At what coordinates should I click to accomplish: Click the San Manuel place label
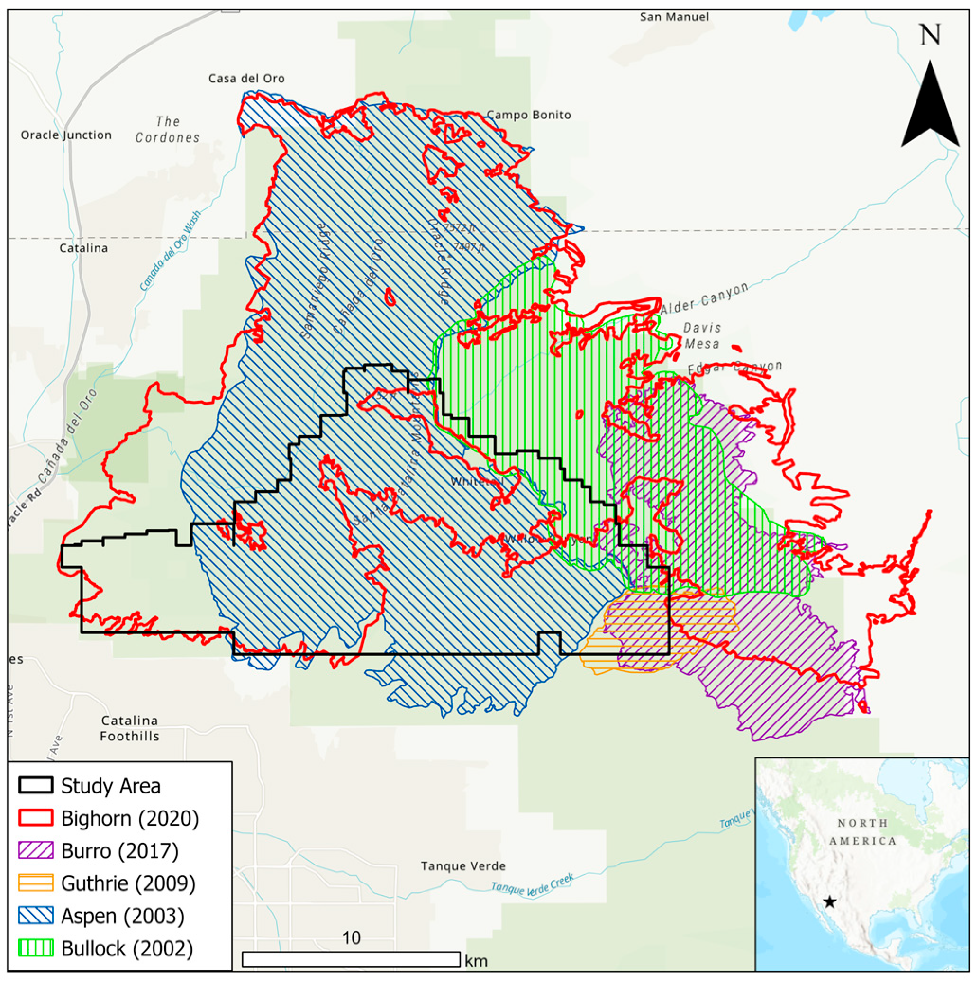pyautogui.click(x=674, y=17)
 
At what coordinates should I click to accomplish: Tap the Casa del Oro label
pyautogui.click(x=247, y=79)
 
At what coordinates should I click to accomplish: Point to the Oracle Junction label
pyautogui.click(x=66, y=135)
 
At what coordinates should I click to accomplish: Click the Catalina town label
pyautogui.click(x=83, y=249)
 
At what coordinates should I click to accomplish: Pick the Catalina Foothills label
pyautogui.click(x=130, y=729)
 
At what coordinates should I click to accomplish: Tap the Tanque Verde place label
pyautogui.click(x=463, y=866)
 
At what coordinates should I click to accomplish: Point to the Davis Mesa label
pyautogui.click(x=702, y=336)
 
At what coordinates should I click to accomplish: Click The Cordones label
pyautogui.click(x=168, y=130)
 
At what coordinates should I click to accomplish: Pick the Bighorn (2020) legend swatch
pyautogui.click(x=36, y=818)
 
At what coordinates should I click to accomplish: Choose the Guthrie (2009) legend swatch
pyautogui.click(x=36, y=883)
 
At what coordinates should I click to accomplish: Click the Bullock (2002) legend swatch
pyautogui.click(x=36, y=948)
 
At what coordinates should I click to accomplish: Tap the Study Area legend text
pyautogui.click(x=111, y=786)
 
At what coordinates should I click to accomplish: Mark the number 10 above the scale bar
pyautogui.click(x=352, y=938)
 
